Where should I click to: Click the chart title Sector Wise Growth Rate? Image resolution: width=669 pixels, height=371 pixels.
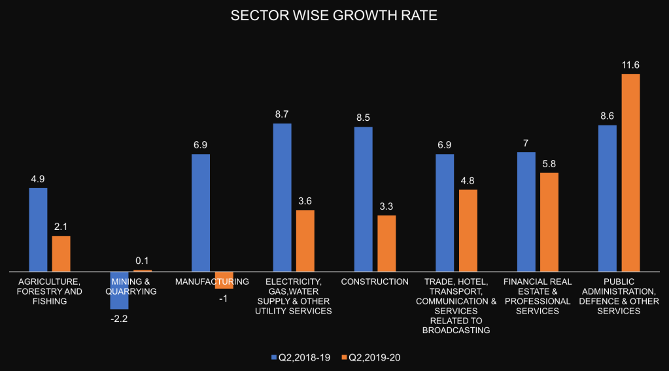point(334,16)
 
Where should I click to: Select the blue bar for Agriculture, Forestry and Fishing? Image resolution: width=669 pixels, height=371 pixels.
point(38,229)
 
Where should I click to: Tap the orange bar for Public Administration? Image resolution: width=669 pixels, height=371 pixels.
point(630,172)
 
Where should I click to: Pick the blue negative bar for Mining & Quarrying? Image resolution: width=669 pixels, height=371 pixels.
point(119,290)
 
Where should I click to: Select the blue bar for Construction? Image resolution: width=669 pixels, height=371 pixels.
point(363,199)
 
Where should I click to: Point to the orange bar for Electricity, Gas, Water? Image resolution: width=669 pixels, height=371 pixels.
point(305,240)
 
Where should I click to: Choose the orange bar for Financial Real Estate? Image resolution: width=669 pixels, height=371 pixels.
point(549,221)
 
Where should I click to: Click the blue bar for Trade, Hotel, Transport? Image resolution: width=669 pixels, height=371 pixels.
point(444,212)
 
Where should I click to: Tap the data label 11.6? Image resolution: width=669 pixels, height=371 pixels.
point(630,65)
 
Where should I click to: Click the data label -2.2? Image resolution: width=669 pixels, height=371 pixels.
point(119,318)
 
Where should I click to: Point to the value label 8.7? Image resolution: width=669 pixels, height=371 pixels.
point(282,114)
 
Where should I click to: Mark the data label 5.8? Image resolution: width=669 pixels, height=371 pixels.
point(549,164)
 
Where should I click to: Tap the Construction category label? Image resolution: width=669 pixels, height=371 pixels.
point(375,282)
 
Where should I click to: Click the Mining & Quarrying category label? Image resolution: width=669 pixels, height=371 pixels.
point(131,287)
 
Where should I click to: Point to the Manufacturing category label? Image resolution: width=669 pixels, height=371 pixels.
point(212,282)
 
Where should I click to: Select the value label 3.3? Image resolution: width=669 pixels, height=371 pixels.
point(386,206)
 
